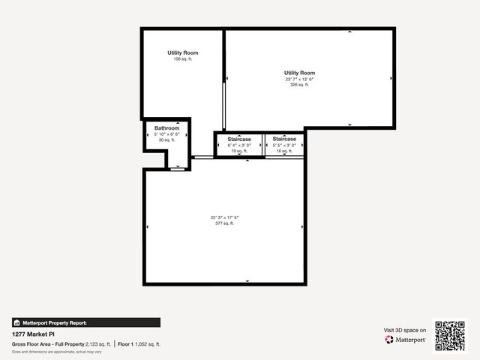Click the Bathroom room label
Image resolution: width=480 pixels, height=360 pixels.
click(166, 128)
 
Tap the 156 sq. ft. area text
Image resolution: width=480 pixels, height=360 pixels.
click(183, 59)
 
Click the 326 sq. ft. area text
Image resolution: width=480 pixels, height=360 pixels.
click(299, 85)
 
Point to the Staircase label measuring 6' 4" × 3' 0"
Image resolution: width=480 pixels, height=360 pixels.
click(239, 139)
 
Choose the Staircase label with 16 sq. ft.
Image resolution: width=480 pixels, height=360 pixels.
click(284, 139)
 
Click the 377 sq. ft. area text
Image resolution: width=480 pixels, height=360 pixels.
click(224, 223)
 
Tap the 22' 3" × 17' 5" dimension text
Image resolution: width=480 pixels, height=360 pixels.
click(224, 217)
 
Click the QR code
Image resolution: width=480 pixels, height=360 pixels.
click(450, 336)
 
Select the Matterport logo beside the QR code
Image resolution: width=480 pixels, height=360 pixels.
click(406, 340)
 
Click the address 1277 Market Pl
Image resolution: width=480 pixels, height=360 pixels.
click(34, 334)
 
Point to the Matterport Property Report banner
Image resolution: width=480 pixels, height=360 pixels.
click(86, 322)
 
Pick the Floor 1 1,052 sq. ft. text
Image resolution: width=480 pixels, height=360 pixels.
click(139, 344)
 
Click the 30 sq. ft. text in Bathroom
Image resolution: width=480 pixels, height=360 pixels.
click(166, 139)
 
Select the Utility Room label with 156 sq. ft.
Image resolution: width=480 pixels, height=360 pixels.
click(183, 52)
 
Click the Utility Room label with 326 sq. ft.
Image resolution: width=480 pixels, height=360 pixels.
click(299, 72)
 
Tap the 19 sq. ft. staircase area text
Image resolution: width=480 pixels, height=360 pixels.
click(239, 151)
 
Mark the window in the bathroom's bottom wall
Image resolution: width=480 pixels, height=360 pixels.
click(177, 169)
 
